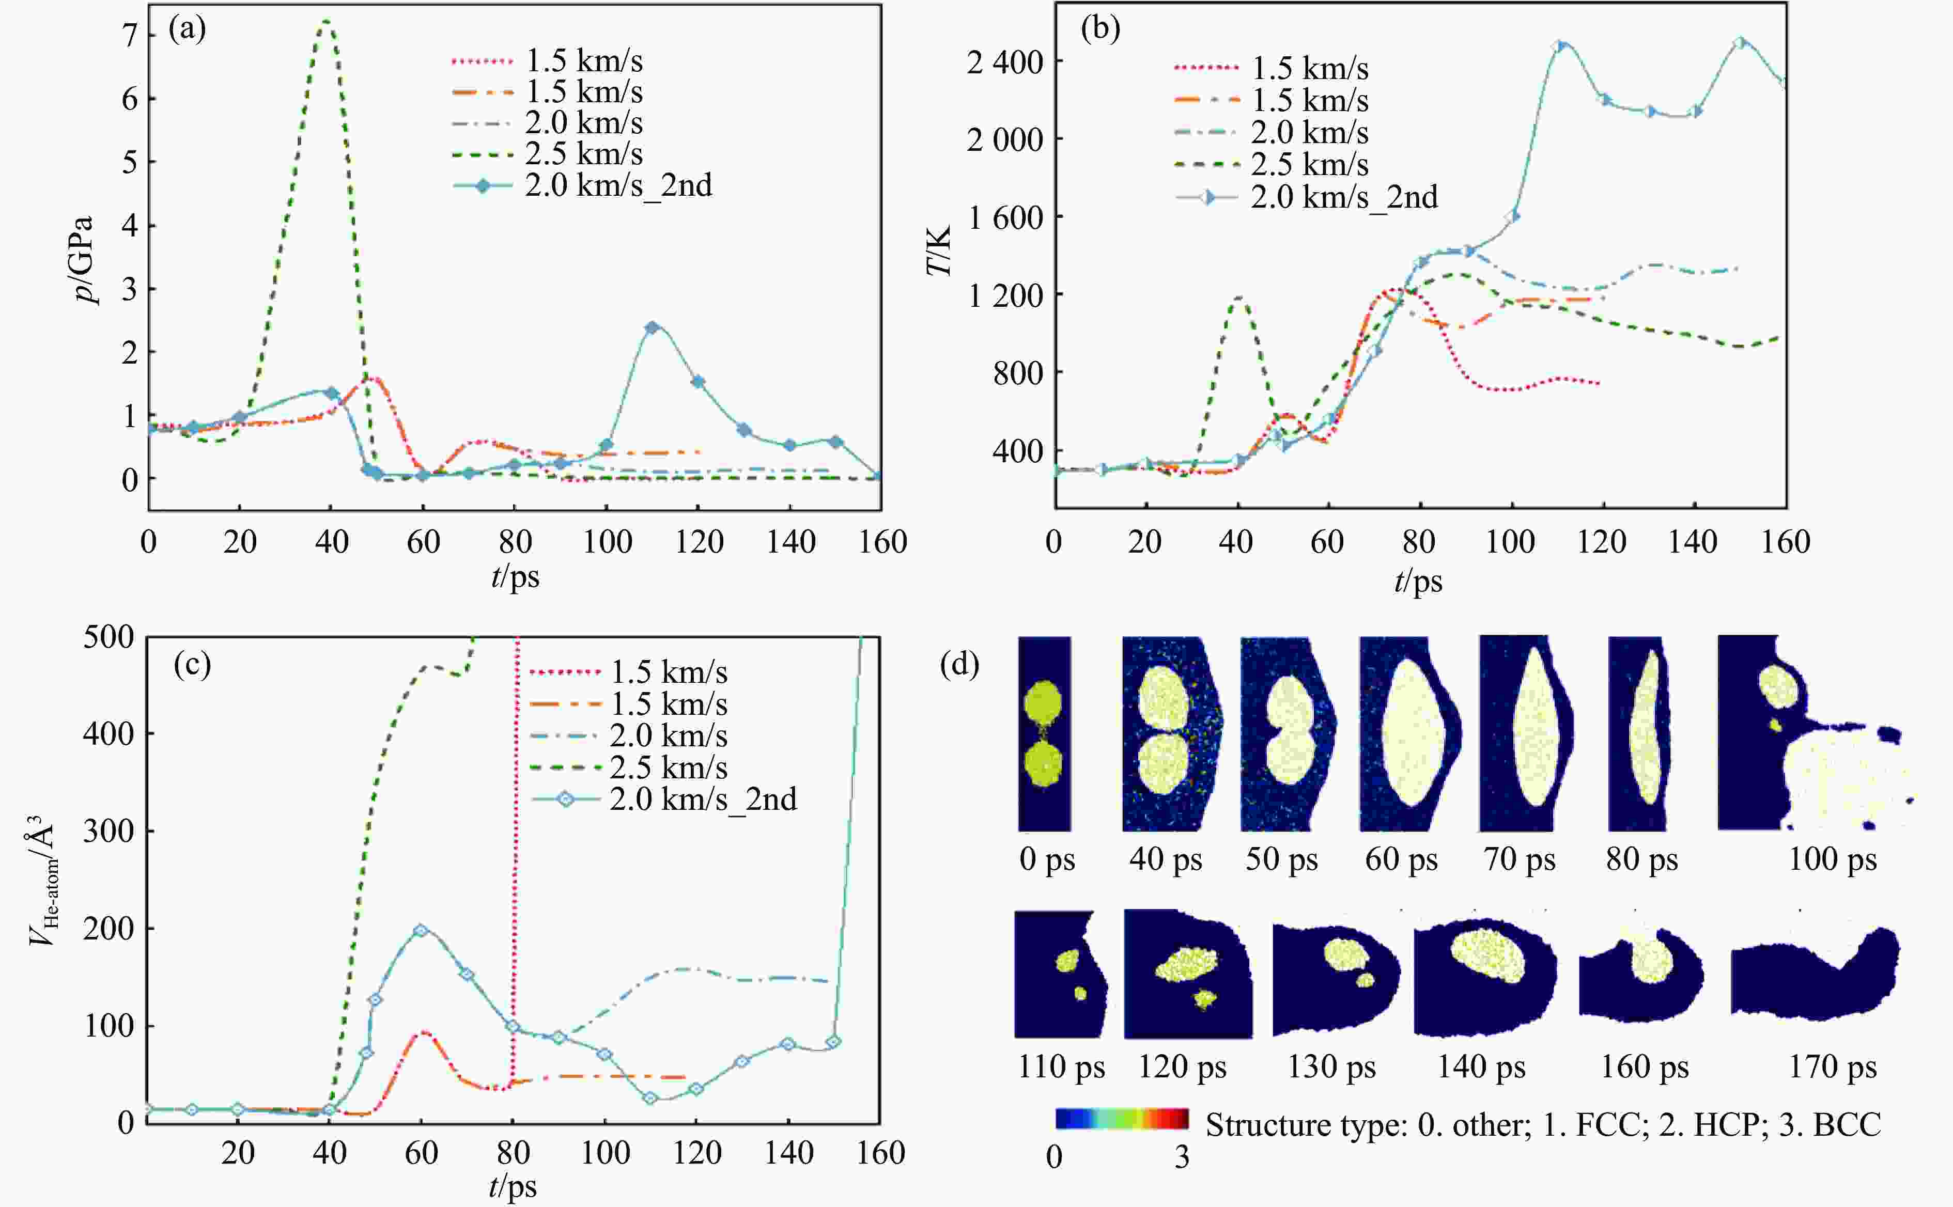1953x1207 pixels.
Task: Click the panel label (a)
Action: [x=187, y=29]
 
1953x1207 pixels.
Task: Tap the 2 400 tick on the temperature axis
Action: [x=1004, y=62]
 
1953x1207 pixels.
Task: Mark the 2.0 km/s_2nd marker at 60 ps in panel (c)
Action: [x=421, y=931]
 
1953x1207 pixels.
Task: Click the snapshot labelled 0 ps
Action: [x=1044, y=733]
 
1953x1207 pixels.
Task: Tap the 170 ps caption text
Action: [x=1833, y=1067]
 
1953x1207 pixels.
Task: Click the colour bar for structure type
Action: [x=1121, y=1118]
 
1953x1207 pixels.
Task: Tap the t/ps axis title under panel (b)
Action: [x=1418, y=581]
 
